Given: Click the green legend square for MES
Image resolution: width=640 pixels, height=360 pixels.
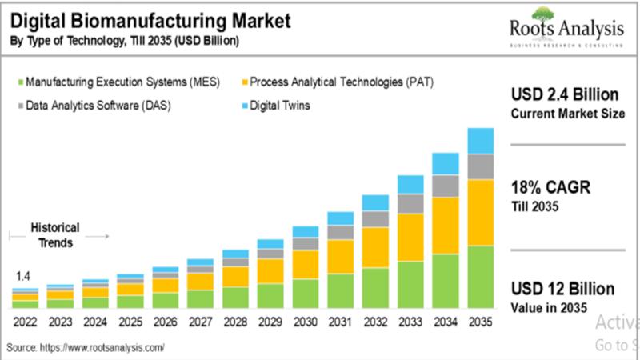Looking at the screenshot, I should pyautogui.click(x=18, y=82).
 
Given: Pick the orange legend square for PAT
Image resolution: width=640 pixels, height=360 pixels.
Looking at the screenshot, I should pyautogui.click(x=242, y=82).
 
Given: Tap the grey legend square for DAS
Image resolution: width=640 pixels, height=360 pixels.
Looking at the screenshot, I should pyautogui.click(x=18, y=105).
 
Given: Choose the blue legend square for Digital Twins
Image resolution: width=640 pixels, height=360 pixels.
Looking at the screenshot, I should pyautogui.click(x=242, y=105).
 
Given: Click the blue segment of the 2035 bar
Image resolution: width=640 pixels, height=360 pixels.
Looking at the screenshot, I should pyautogui.click(x=480, y=141).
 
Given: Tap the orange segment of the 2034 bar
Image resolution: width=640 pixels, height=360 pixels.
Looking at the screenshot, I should pyautogui.click(x=445, y=226).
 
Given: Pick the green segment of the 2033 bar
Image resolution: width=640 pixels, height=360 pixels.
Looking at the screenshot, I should pyautogui.click(x=410, y=285).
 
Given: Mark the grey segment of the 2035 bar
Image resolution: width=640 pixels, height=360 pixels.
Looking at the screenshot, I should pyautogui.click(x=480, y=166).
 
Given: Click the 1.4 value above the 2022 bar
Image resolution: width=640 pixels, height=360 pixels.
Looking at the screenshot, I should pyautogui.click(x=25, y=276).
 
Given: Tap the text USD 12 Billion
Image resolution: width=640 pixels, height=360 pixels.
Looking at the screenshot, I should pyautogui.click(x=562, y=289).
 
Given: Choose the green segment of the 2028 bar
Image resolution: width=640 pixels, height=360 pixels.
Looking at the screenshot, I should pyautogui.click(x=235, y=297).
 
